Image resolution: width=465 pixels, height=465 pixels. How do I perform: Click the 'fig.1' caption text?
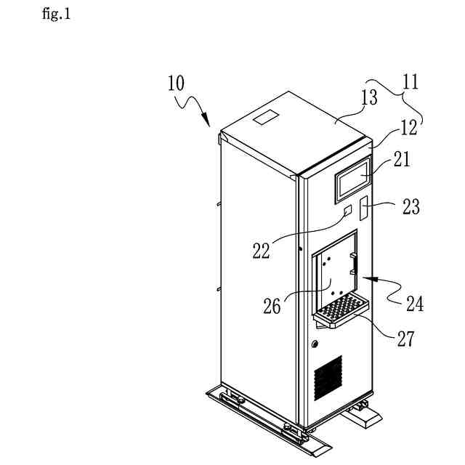57,14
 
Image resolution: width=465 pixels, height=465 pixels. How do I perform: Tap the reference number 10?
175,84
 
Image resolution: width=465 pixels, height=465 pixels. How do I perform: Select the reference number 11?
411,81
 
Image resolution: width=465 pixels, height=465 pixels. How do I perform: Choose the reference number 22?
261,251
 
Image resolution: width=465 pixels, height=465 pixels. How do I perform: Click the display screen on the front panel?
352,180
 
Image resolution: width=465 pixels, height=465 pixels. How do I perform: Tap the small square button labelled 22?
348,211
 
